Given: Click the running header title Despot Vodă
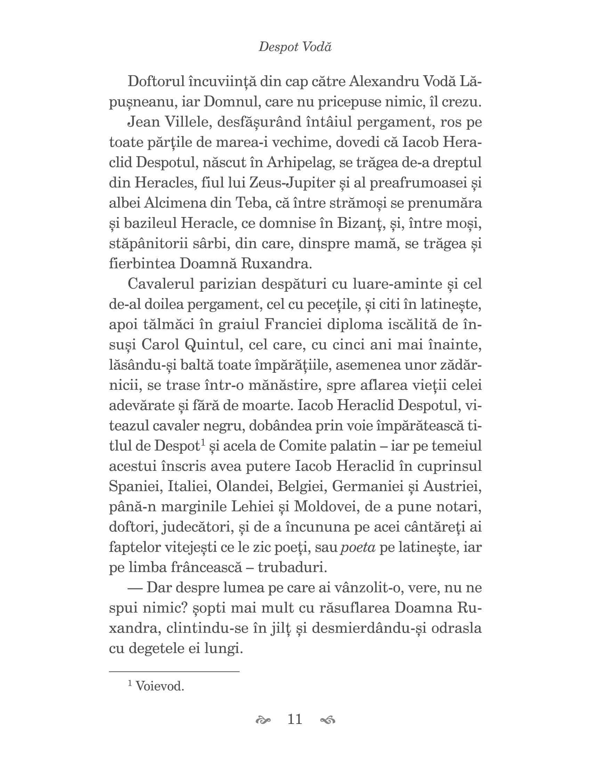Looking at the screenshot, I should pyautogui.click(x=295, y=47).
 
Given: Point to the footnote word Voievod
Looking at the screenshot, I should pyautogui.click(x=160, y=686).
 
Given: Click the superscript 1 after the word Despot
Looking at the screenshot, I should pyautogui.click(x=203, y=443).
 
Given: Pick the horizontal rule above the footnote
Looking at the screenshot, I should pyautogui.click(x=174, y=671).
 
